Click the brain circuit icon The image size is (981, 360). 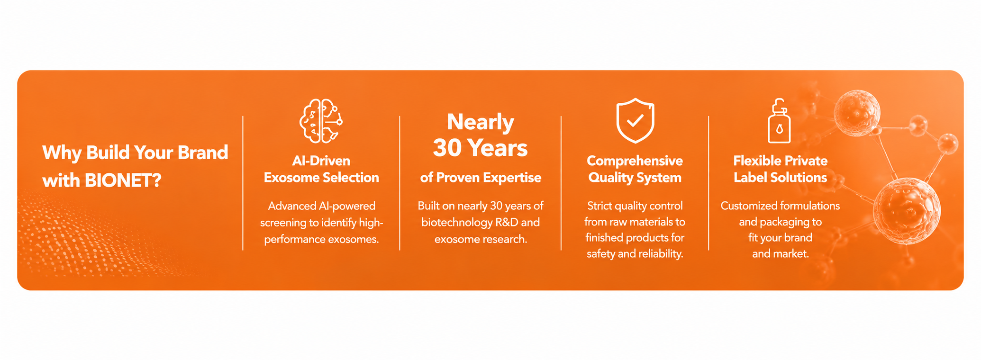click(x=321, y=121)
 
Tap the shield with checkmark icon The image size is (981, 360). click(x=635, y=121)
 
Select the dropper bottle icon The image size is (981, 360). click(x=779, y=121)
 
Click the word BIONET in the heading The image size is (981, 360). click(x=123, y=180)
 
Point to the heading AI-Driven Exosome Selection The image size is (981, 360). click(x=321, y=169)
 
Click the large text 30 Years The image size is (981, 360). click(x=480, y=148)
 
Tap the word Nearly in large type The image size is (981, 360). click(x=481, y=123)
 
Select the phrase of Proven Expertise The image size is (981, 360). click(x=481, y=178)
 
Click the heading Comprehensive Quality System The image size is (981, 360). click(x=635, y=169)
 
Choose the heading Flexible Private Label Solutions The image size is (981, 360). click(x=781, y=169)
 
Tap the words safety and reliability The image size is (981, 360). click(x=635, y=254)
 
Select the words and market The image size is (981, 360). click(x=781, y=254)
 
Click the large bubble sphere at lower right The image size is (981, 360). click(x=907, y=211)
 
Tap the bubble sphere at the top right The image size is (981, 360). click(x=857, y=113)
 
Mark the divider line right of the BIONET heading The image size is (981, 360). click(x=243, y=183)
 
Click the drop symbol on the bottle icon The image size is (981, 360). click(x=779, y=128)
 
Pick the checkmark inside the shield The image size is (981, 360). click(x=635, y=120)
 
